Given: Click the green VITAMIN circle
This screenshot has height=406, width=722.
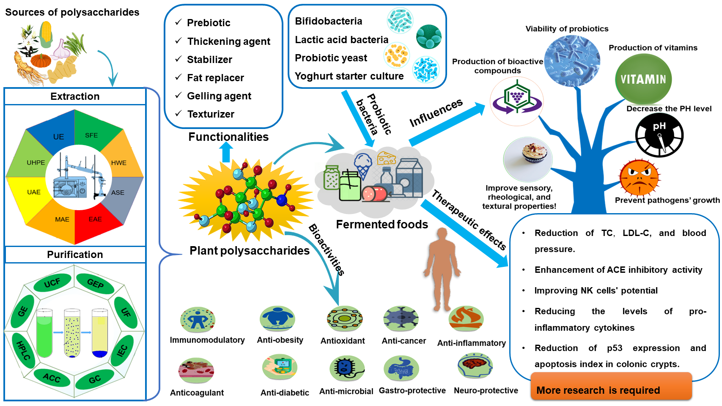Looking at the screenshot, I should click(643, 79).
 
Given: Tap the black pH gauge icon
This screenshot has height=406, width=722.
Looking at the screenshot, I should click(659, 135).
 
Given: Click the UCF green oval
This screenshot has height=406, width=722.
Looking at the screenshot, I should click(52, 283).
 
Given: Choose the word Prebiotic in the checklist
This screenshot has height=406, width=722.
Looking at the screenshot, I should click(209, 23).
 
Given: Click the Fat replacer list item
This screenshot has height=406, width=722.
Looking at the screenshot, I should click(215, 78).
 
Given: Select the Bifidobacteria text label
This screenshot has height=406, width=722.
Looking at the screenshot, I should click(328, 21).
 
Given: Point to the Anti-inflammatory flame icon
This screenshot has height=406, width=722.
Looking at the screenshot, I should click(466, 318).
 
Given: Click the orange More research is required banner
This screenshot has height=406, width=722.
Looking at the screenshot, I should click(611, 387).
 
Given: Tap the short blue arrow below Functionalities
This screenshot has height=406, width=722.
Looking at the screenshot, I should click(226, 153).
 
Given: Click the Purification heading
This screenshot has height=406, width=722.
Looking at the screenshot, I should click(75, 255).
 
